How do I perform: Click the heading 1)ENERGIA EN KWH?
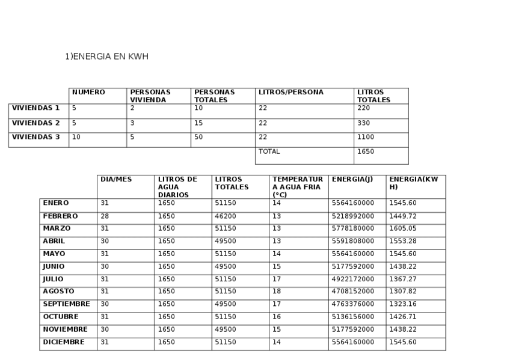[106, 56]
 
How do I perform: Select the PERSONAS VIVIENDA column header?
[150, 96]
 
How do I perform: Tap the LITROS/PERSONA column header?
[290, 93]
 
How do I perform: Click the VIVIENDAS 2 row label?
[36, 123]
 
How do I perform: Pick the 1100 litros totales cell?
[366, 137]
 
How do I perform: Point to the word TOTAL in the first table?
[269, 151]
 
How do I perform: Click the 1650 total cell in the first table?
[366, 151]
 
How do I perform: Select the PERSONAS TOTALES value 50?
[198, 137]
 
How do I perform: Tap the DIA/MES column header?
[115, 179]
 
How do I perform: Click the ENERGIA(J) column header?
[348, 179]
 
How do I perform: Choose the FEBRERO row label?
[60, 216]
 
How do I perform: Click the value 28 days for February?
[105, 216]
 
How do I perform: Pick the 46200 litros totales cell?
[226, 216]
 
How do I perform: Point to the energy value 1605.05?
[402, 228]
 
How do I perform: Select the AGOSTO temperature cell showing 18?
[277, 291]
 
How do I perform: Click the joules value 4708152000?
[353, 291]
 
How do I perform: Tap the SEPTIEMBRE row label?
[66, 304]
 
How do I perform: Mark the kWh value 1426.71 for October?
[402, 317]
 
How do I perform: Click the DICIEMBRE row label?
[63, 342]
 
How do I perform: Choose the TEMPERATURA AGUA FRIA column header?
[298, 187]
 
